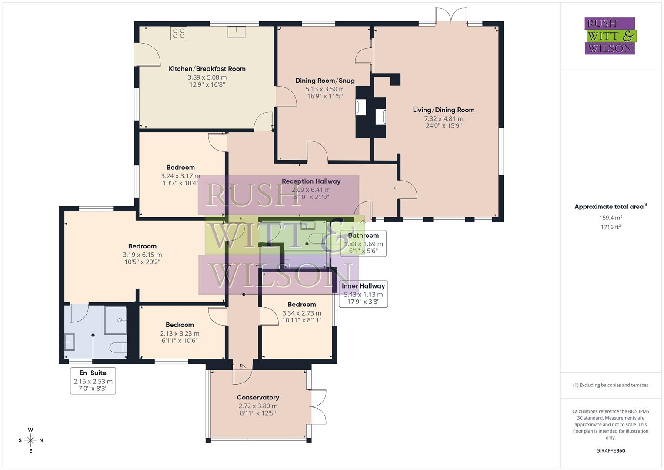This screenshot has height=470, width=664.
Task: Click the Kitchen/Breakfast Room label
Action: pyautogui.click(x=207, y=69)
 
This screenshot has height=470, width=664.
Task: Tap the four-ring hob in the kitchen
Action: pyautogui.click(x=179, y=34)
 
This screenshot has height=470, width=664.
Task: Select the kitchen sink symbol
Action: pyautogui.click(x=236, y=32)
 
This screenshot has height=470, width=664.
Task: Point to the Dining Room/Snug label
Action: pyautogui.click(x=325, y=81)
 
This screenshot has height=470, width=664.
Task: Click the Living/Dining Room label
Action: pyautogui.click(x=444, y=110)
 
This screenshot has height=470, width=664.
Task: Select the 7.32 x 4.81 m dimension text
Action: pyautogui.click(x=444, y=118)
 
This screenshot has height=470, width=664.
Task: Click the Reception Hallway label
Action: pyautogui.click(x=311, y=181)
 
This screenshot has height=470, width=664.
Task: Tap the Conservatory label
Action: pyautogui.click(x=258, y=397)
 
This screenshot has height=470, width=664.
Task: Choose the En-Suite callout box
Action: pyautogui.click(x=93, y=380)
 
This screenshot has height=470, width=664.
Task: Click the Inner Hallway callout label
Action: pyautogui.click(x=363, y=286)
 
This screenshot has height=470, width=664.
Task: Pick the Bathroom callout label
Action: pyautogui.click(x=363, y=235)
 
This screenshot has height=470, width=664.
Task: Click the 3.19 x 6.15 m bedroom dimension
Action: pyautogui.click(x=142, y=255)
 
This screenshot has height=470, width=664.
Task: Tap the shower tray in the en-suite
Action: pyautogui.click(x=116, y=320)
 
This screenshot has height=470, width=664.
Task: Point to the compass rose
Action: pyautogui.click(x=30, y=440)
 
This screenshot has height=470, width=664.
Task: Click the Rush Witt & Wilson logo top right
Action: pyautogui.click(x=610, y=36)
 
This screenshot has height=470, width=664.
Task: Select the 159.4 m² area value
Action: pyautogui.click(x=611, y=218)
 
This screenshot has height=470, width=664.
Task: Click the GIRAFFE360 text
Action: pyautogui.click(x=611, y=451)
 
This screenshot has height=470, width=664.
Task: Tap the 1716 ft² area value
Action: pyautogui.click(x=611, y=227)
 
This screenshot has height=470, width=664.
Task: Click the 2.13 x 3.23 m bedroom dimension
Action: pyautogui.click(x=180, y=334)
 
